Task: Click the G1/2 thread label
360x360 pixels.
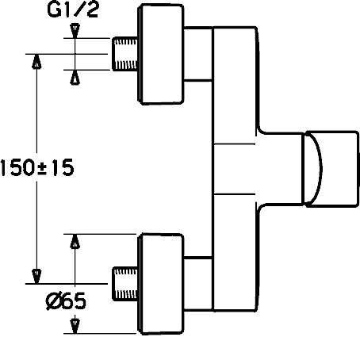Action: [73, 10]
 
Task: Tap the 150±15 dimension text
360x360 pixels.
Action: [37, 167]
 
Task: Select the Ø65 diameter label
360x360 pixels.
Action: [66, 301]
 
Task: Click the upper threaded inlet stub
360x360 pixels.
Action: [125, 54]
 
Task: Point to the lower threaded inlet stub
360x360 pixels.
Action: [125, 284]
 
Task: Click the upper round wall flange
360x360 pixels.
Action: [160, 54]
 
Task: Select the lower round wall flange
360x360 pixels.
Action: [160, 284]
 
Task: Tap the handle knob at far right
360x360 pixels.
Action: [331, 169]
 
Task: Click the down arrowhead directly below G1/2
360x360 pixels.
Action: [75, 31]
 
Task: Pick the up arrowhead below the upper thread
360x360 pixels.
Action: [75, 77]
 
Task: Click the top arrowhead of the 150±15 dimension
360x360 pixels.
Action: [36, 61]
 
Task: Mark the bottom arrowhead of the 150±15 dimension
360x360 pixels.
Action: [36, 277]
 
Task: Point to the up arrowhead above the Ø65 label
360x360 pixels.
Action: [75, 241]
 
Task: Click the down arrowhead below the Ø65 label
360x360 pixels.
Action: [75, 326]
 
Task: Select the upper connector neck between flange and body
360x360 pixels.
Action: [198, 53]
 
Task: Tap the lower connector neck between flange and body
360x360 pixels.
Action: [198, 283]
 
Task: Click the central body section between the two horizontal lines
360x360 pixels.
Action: [234, 169]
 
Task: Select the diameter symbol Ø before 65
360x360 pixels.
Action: [54, 301]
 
